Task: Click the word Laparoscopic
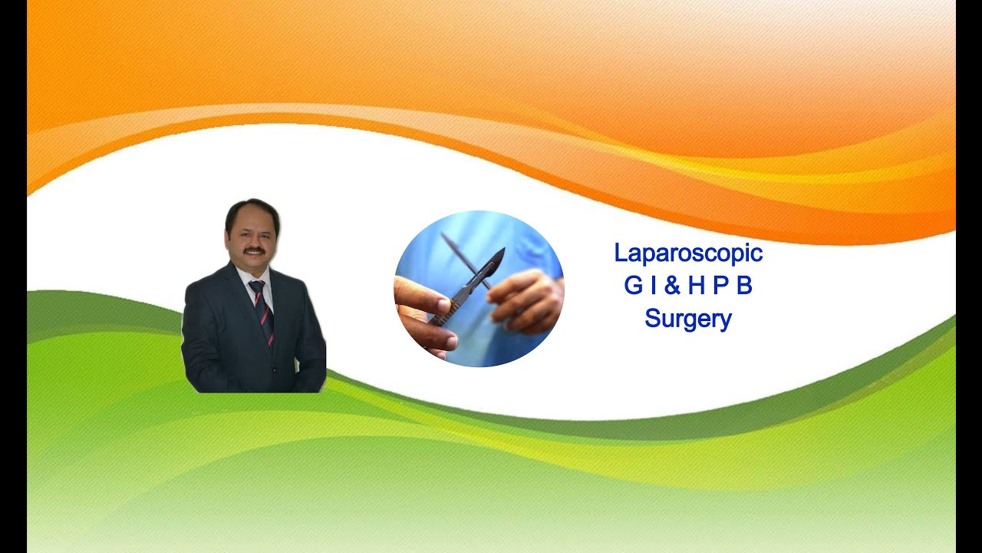[688, 253]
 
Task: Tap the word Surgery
[688, 318]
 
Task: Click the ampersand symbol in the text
[672, 286]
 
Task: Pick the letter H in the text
[696, 286]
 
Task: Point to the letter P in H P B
[720, 286]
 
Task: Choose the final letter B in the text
[744, 286]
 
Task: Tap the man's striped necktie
[262, 311]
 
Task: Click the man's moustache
[254, 251]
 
